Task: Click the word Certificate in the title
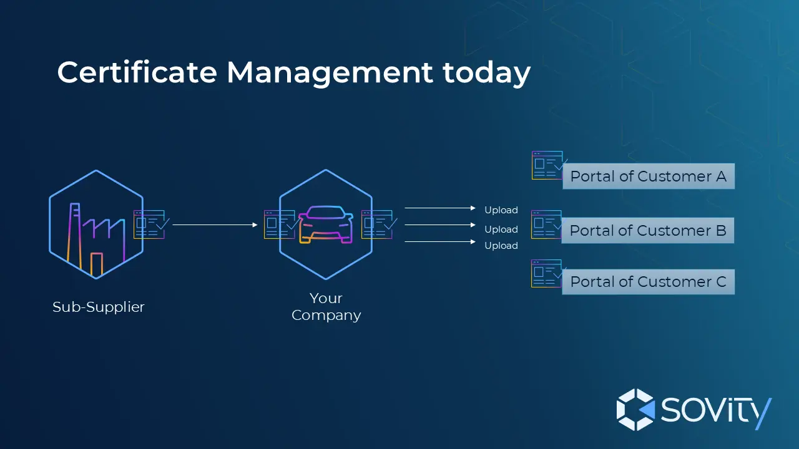[x=137, y=72]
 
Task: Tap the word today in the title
[x=487, y=74]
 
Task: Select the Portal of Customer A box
[x=648, y=176]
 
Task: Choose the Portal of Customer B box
[x=648, y=231]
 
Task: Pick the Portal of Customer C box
[x=648, y=282]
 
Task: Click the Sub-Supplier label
[x=99, y=307]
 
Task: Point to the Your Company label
[x=326, y=306]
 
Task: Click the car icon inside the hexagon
[x=326, y=226]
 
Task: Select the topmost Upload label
[x=501, y=210]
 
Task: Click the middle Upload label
[x=501, y=229]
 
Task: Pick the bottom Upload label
[x=501, y=246]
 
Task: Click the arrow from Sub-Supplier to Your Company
[x=215, y=224]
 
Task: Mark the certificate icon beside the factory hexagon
[x=150, y=224]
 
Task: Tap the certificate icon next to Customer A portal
[x=547, y=165]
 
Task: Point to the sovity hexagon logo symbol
[x=635, y=410]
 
